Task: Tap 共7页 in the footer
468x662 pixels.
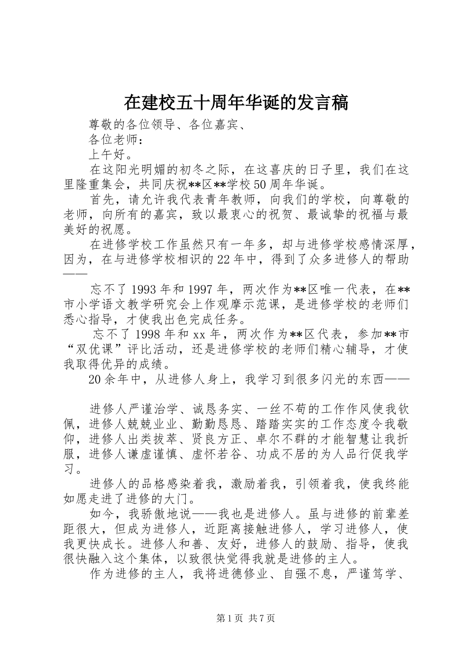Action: point(262,618)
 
